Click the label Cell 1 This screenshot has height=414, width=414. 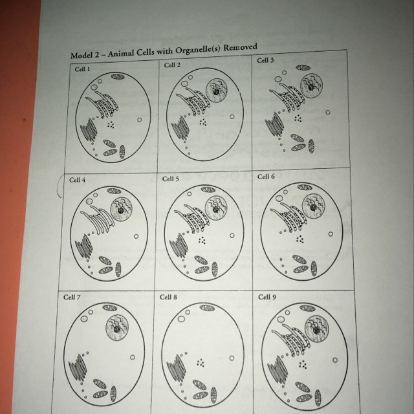(82, 69)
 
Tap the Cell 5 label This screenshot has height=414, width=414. (170, 179)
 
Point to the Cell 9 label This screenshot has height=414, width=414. (267, 297)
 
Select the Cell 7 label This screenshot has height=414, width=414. (72, 298)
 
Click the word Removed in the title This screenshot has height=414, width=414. (240, 47)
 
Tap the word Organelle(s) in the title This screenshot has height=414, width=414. (197, 50)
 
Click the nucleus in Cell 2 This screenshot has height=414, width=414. (216, 91)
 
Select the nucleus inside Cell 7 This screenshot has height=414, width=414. (117, 328)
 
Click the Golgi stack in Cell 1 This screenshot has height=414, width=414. (89, 130)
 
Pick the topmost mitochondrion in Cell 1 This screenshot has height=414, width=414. (118, 76)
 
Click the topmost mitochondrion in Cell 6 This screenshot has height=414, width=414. (305, 187)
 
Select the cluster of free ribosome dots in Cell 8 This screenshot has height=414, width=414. (201, 363)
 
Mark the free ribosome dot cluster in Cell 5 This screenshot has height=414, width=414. (202, 240)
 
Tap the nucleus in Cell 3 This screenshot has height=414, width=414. (312, 86)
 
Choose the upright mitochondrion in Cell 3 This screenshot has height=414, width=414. (311, 146)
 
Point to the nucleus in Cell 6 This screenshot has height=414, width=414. (314, 206)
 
